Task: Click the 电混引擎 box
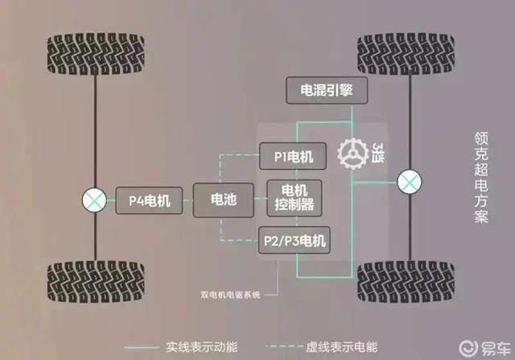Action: [x=327, y=90]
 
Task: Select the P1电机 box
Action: [x=293, y=156]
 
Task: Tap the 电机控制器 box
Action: [x=294, y=198]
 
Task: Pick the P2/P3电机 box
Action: [x=295, y=240]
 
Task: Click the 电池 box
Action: [x=224, y=200]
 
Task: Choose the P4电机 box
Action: [x=149, y=201]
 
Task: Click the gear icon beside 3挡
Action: [x=353, y=154]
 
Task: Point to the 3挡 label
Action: [x=377, y=152]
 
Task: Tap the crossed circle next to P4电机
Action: [x=94, y=201]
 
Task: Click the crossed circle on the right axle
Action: [x=410, y=182]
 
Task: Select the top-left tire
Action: [x=96, y=54]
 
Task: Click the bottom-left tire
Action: [x=96, y=281]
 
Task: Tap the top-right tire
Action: [x=406, y=54]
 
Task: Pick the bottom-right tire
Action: [x=406, y=282]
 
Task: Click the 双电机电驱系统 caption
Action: [x=231, y=295]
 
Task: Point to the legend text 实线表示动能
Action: [x=202, y=347]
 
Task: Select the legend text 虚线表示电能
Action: [x=341, y=347]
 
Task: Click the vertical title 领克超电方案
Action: [x=481, y=177]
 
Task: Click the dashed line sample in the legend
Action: [x=283, y=346]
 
